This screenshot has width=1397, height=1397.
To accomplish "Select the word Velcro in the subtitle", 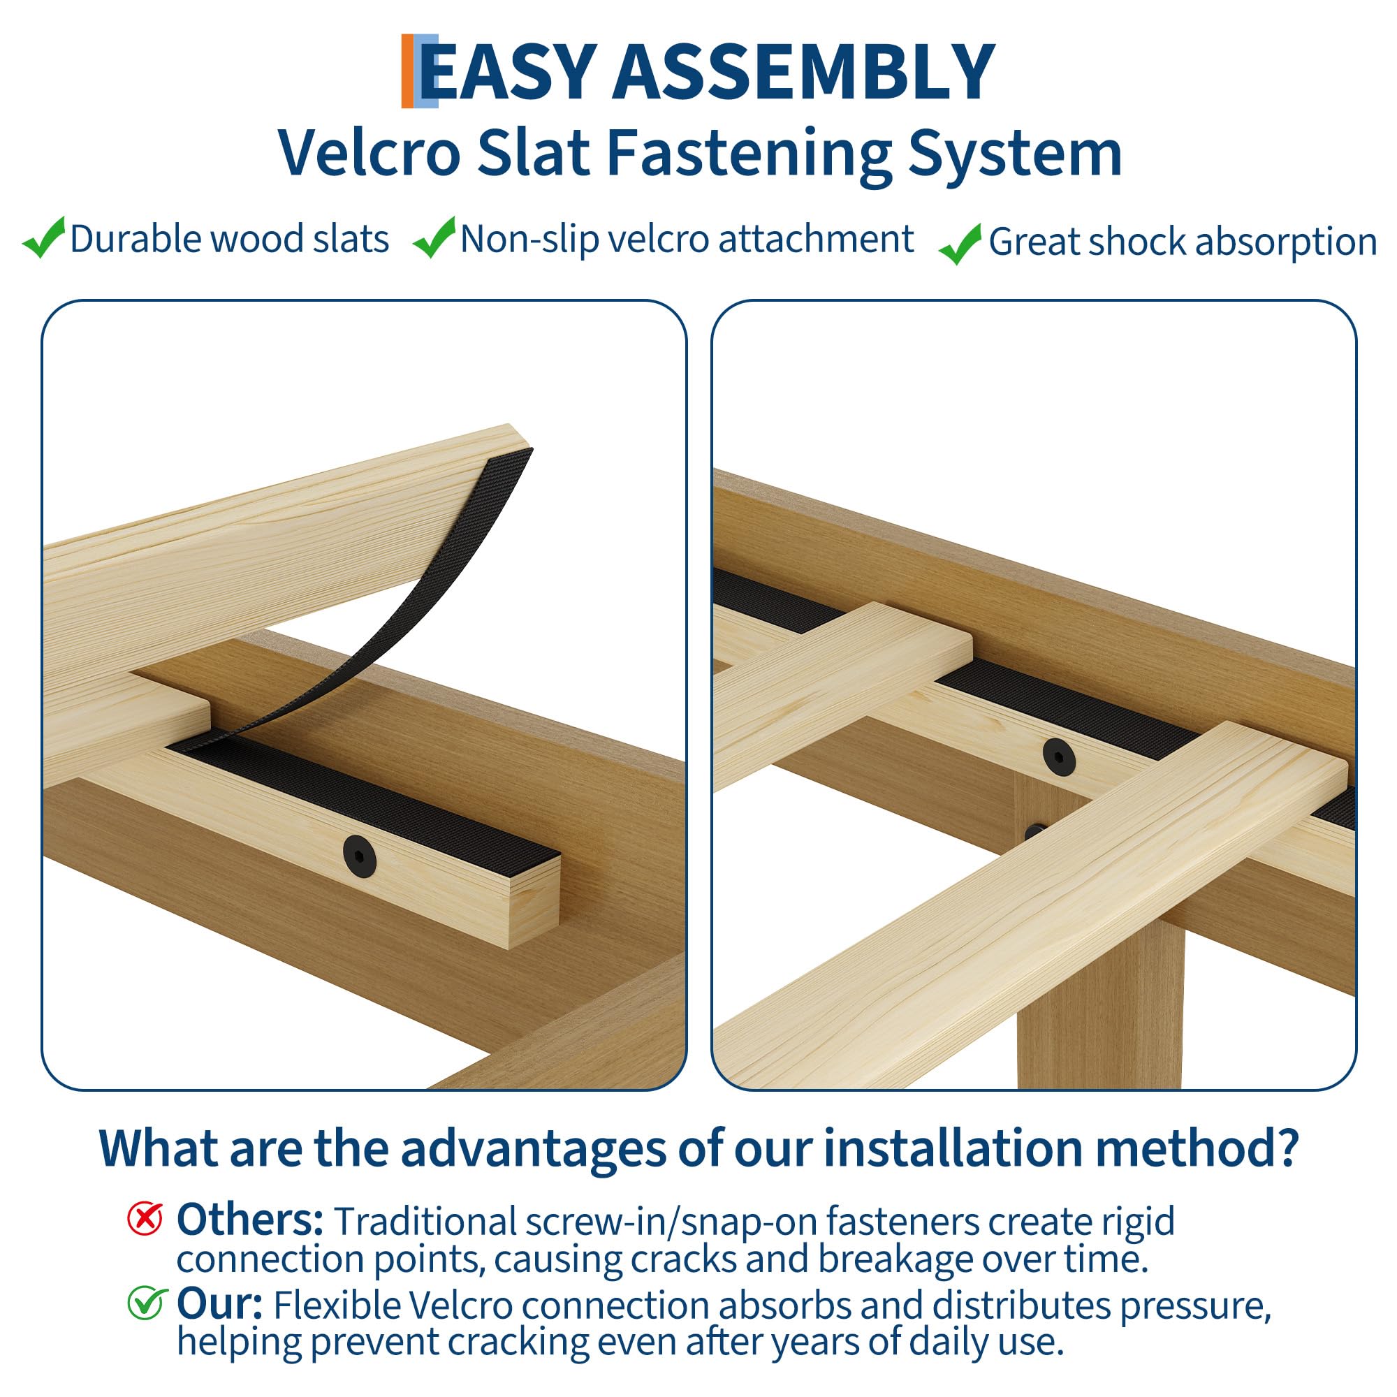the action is pyautogui.click(x=370, y=152).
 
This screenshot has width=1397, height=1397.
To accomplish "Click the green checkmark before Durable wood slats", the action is pyautogui.click(x=44, y=237).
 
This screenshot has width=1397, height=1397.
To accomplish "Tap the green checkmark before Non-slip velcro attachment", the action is pyautogui.click(x=434, y=237).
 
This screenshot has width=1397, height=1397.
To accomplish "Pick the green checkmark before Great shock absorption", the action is pyautogui.click(x=960, y=244).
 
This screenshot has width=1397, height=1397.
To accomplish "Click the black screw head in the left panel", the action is pyautogui.click(x=359, y=856).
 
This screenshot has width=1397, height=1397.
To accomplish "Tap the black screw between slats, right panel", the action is pyautogui.click(x=1059, y=758).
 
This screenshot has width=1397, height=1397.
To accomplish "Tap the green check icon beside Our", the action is pyautogui.click(x=147, y=1303).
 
